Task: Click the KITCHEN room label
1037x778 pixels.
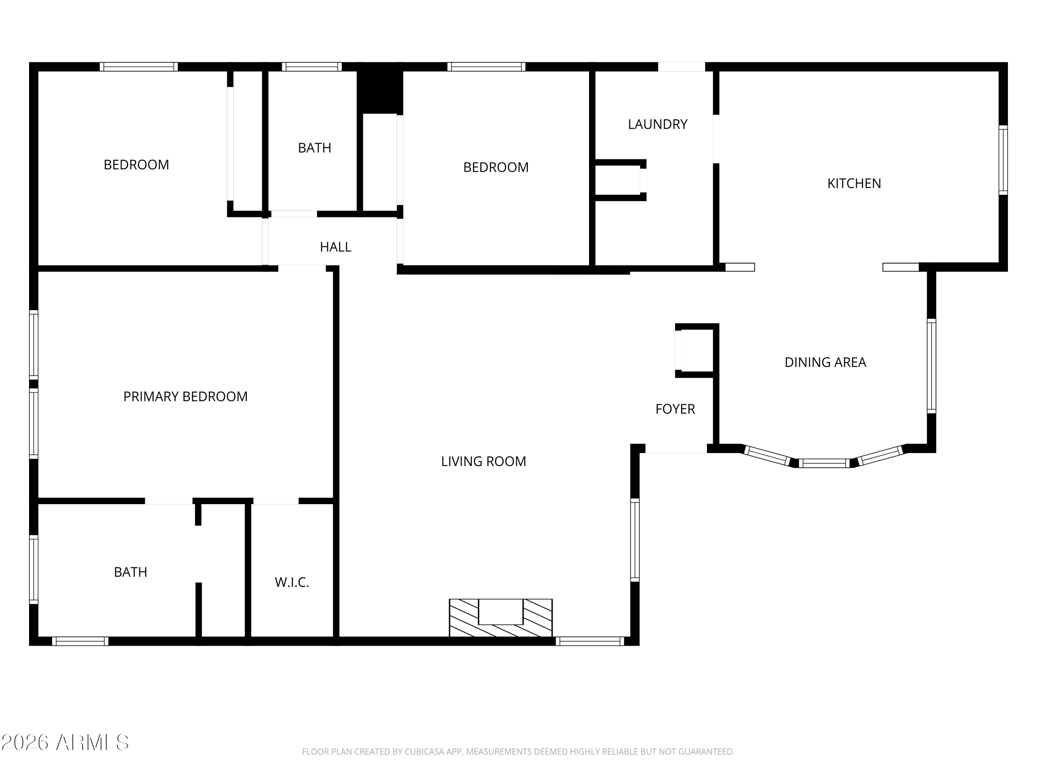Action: (854, 183)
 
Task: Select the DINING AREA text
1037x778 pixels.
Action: (825, 362)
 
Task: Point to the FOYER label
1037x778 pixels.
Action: (675, 409)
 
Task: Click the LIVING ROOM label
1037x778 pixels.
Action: (483, 462)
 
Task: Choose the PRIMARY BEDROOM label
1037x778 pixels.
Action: (185, 397)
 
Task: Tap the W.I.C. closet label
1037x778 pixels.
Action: (292, 582)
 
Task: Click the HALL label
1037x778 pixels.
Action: (335, 247)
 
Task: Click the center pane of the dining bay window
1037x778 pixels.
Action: (824, 463)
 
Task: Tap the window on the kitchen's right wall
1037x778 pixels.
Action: (1003, 160)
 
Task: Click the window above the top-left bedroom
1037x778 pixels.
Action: (139, 67)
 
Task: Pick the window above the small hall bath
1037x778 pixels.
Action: (312, 67)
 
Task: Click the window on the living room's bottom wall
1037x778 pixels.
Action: (590, 641)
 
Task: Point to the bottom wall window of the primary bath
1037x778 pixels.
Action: (80, 641)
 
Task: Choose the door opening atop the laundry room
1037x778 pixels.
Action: (681, 67)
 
